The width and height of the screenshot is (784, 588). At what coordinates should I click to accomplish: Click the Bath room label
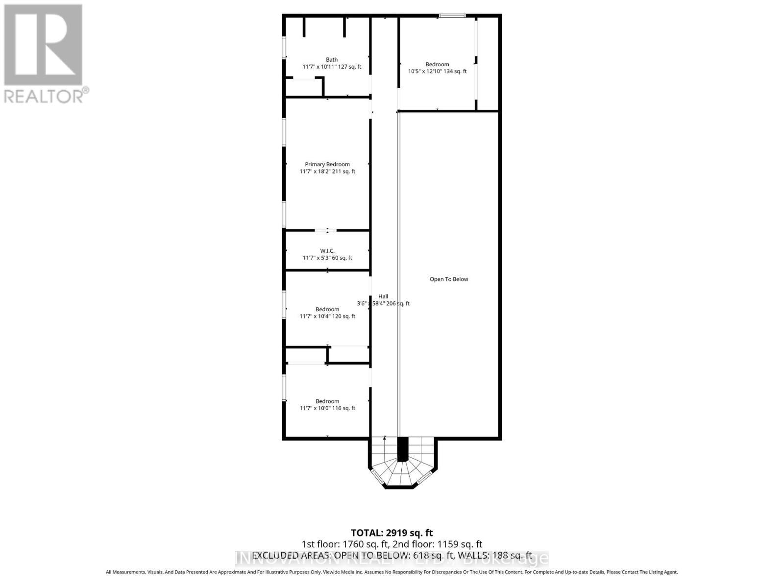coord(332,60)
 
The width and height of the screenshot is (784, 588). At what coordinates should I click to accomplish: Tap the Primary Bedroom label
coord(327,165)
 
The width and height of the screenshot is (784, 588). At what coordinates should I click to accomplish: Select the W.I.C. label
coord(327,251)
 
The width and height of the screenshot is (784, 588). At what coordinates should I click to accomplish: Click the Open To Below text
coord(449,279)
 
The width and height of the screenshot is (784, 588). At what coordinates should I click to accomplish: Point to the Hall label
coord(383,296)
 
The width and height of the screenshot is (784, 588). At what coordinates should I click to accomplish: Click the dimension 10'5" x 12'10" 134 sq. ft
coord(437,72)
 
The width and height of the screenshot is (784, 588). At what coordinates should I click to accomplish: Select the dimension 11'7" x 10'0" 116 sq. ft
coord(327,408)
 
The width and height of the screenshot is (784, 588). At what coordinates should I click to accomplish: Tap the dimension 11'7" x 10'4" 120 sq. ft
coord(327,317)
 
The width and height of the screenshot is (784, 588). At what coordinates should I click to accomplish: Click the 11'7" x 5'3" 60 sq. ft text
coord(327,258)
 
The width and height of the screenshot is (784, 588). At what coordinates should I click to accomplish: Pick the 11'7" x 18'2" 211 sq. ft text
coord(327,171)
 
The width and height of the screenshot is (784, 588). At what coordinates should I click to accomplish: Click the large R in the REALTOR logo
coord(43,45)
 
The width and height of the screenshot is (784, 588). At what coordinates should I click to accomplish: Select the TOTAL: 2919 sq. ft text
coord(392,533)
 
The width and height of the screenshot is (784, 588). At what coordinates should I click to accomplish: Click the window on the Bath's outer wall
coord(284,48)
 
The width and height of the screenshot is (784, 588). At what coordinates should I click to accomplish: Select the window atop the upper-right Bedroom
coord(452,16)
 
